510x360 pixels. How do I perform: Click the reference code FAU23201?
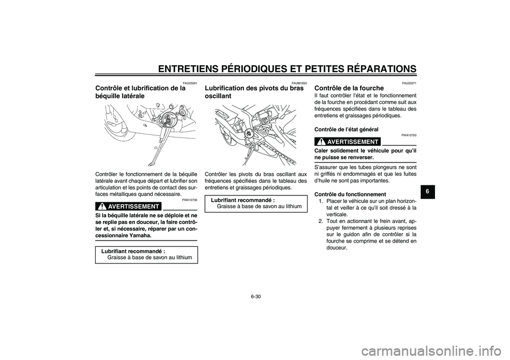click(190, 83)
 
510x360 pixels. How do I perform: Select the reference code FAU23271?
click(409, 83)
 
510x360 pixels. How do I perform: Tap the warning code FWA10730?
click(190, 200)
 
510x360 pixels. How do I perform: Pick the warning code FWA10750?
click(409, 135)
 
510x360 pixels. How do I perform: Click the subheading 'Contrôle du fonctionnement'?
click(350, 194)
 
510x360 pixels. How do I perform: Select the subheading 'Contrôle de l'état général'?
click(346, 129)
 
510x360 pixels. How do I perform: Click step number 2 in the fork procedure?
click(320, 220)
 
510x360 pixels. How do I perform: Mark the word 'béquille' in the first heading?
click(111, 96)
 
